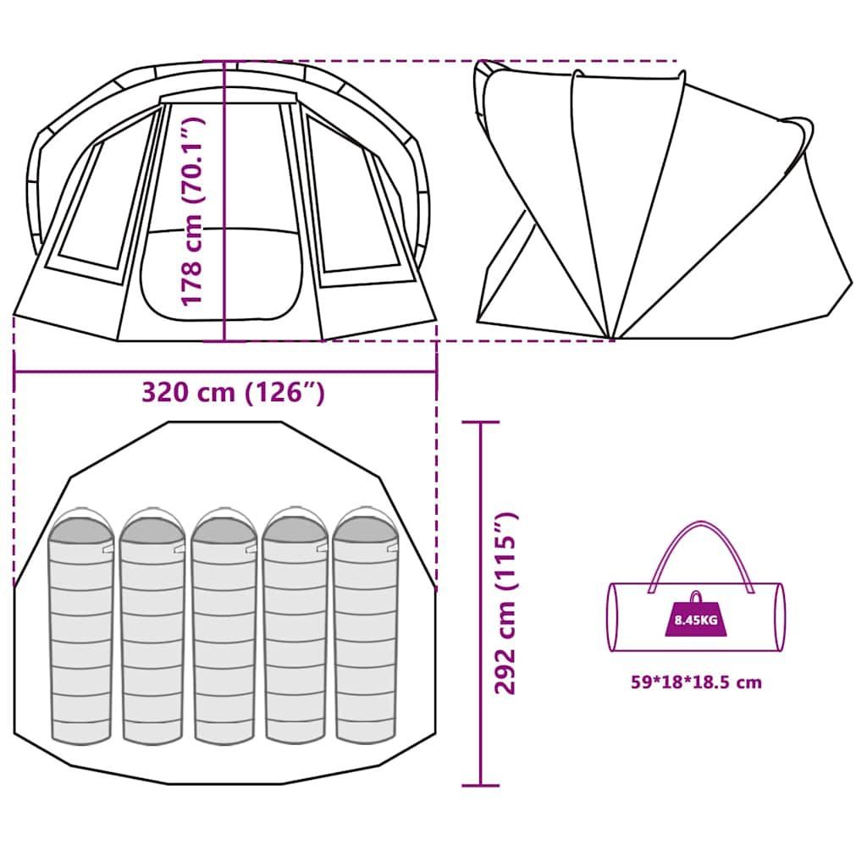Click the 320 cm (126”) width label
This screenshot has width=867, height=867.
[x=233, y=393]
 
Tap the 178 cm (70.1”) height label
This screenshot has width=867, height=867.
[x=193, y=211]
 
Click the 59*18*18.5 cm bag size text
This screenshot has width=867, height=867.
[x=696, y=682]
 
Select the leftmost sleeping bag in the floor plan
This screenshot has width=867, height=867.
[x=80, y=626]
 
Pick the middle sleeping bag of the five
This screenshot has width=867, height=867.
[x=224, y=626]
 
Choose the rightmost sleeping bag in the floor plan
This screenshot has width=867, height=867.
[x=366, y=625]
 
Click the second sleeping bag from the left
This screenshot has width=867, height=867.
[x=152, y=626]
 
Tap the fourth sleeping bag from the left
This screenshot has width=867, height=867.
[x=295, y=626]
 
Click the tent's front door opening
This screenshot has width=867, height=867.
[x=223, y=274]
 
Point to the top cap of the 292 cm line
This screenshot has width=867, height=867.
[x=481, y=422]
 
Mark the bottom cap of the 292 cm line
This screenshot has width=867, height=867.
[x=481, y=785]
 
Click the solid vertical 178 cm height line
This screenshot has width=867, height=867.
[x=224, y=202]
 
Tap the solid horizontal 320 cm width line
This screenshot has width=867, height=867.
[x=225, y=372]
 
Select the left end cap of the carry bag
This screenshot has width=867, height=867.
[x=613, y=617]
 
